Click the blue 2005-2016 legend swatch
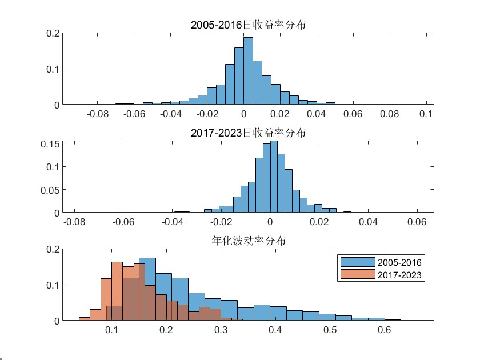pyautogui.click(x=357, y=263)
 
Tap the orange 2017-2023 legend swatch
pyautogui.click(x=357, y=275)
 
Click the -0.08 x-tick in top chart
pyautogui.click(x=98, y=114)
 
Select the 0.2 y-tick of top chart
pyautogui.click(x=53, y=33)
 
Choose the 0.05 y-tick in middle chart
pyautogui.click(x=50, y=190)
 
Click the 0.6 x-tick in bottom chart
pyautogui.click(x=384, y=330)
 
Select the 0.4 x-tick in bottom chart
pyautogui.click(x=275, y=330)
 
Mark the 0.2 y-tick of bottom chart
pyautogui.click(x=53, y=249)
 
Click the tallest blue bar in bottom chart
pyautogui.click(x=147, y=289)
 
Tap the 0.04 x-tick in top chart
pyautogui.click(x=317, y=114)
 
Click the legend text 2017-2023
pyautogui.click(x=399, y=275)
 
